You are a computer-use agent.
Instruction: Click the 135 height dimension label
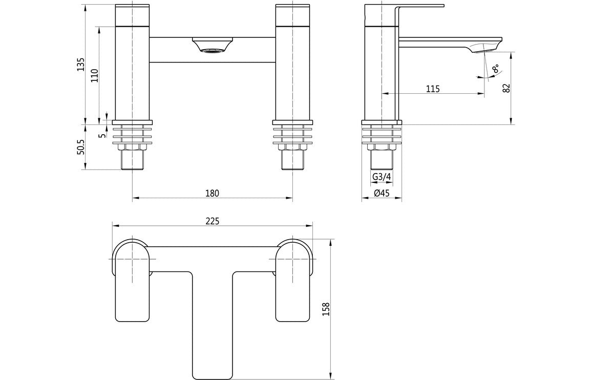click(x=81, y=65)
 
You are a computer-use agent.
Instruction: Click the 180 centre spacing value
click(x=212, y=194)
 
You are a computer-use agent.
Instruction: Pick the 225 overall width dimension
click(x=212, y=221)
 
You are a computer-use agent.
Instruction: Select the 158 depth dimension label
click(x=326, y=309)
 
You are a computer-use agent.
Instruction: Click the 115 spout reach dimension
click(x=433, y=89)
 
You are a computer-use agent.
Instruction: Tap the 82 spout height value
click(x=506, y=88)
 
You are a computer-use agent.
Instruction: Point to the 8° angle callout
click(x=495, y=70)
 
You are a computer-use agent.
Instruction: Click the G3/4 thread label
click(x=382, y=177)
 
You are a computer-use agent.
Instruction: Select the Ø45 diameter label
click(x=382, y=194)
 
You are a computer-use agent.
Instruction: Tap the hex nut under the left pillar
click(x=133, y=148)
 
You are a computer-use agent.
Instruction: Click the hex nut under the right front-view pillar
click(x=292, y=148)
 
